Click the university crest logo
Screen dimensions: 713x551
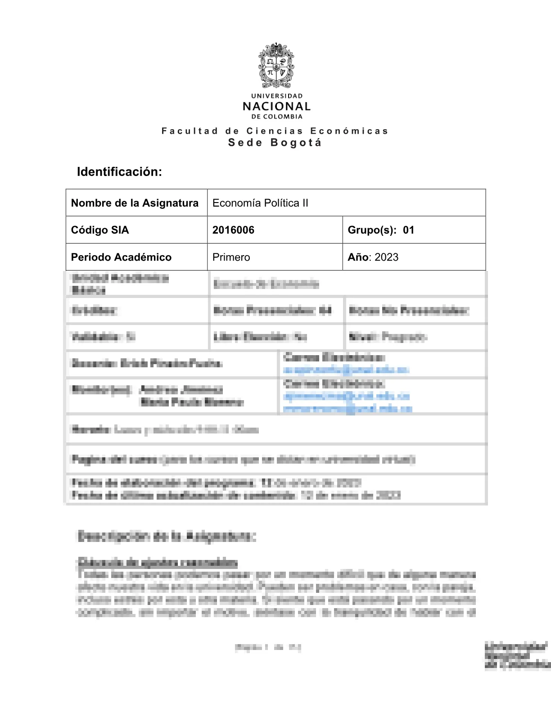276,66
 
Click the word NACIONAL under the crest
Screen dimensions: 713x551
276,107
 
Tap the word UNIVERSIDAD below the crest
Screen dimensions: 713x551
277,96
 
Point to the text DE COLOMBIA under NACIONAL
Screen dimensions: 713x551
277,117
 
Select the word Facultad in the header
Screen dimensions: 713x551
190,131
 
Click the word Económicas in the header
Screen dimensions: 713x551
349,131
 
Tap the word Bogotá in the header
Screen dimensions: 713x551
296,143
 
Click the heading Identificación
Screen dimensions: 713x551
119,171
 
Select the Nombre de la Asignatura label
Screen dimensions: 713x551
135,203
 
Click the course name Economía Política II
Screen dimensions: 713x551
260,203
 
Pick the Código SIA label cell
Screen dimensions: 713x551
100,230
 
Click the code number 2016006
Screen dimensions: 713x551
233,230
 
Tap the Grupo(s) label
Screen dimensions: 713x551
372,230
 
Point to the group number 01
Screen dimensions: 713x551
408,230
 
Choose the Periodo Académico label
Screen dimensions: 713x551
121,257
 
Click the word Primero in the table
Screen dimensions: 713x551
231,257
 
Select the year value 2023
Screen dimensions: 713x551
386,257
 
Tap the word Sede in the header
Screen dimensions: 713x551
245,143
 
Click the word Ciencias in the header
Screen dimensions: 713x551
275,131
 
